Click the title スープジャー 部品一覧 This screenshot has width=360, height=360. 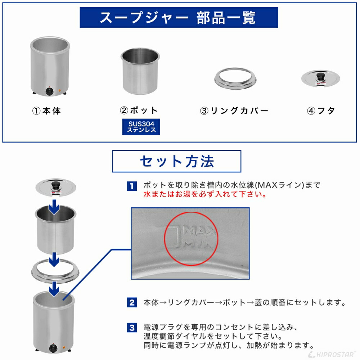click(179, 18)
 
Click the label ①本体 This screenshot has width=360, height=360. click(46, 111)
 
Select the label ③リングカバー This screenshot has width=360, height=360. click(234, 111)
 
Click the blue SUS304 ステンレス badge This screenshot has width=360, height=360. click(141, 127)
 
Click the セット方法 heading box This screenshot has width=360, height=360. click(176, 161)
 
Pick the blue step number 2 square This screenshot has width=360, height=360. click(132, 302)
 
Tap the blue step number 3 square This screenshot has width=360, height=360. click(132, 328)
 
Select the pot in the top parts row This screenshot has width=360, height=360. click(140, 72)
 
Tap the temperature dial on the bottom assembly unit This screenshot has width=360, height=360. click(53, 348)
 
